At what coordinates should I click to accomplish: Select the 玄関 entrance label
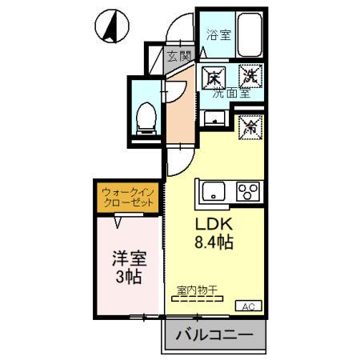[x=179, y=56]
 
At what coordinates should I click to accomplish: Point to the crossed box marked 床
[x=213, y=78]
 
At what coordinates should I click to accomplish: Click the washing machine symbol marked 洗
[x=250, y=78]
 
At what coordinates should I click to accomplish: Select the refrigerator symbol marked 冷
[x=250, y=126]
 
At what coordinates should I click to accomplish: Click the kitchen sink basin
[x=215, y=192]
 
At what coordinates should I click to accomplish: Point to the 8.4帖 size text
[x=211, y=242]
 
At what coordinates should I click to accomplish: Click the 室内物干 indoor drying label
[x=198, y=291]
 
